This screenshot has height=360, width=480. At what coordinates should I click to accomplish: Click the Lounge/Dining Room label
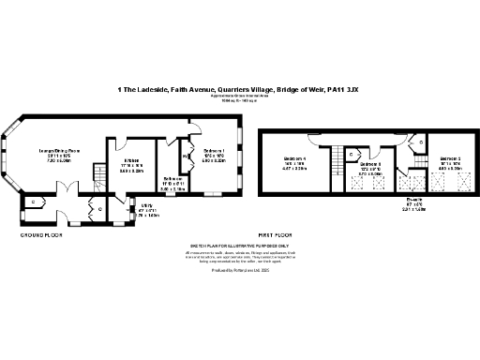click(58, 151)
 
